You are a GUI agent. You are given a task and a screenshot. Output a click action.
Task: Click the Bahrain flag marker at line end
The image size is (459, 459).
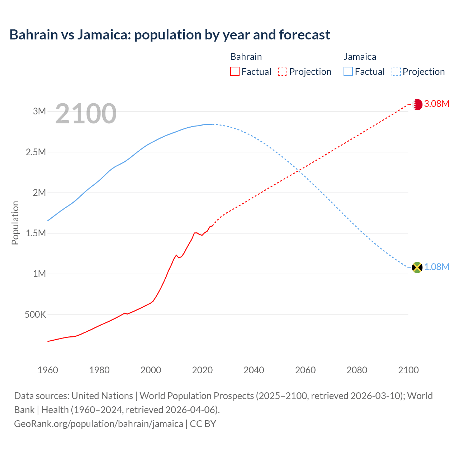(417, 104)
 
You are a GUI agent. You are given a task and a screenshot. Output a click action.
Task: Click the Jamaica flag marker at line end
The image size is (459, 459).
(417, 268)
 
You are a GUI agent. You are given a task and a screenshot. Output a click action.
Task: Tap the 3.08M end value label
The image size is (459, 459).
(436, 104)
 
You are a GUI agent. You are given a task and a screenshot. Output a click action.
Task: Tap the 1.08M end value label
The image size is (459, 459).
(436, 267)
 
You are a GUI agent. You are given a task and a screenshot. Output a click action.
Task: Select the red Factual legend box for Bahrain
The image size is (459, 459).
(235, 72)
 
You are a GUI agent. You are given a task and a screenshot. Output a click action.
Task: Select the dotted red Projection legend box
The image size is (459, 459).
(283, 72)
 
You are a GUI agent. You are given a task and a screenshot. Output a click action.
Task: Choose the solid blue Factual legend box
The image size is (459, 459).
(348, 72)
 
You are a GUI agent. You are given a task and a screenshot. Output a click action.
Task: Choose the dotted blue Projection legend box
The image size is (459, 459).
(396, 72)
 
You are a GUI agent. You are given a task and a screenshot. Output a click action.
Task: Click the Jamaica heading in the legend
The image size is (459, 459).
(360, 57)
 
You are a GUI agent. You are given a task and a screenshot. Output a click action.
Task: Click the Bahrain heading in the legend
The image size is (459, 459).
(246, 57)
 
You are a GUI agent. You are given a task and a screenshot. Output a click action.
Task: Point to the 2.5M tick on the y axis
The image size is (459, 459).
(36, 152)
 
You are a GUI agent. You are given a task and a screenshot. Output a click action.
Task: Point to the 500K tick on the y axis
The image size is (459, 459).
(35, 315)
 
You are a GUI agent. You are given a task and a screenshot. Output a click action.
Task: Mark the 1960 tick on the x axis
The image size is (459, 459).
(48, 370)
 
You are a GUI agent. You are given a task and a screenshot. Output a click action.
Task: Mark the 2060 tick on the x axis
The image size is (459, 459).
(305, 370)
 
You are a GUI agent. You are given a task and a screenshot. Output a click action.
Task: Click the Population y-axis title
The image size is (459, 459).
(15, 223)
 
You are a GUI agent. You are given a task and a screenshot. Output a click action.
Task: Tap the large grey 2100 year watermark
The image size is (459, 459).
(86, 114)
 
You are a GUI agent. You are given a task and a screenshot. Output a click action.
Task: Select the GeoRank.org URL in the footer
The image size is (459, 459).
(99, 424)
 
